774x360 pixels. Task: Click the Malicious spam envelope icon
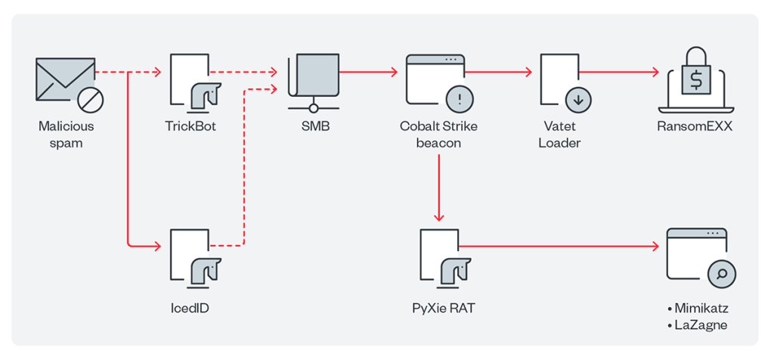click(63, 79)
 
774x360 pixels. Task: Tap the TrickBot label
click(190, 126)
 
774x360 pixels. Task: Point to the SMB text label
click(311, 126)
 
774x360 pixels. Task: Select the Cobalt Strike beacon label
click(438, 134)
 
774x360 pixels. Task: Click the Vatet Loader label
click(559, 134)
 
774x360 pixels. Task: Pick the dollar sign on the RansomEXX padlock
click(696, 78)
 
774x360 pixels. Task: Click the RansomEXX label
click(695, 126)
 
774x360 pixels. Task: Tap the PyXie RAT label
click(439, 308)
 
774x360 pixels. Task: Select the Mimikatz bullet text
click(696, 310)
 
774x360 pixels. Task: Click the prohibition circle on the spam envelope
click(91, 99)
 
